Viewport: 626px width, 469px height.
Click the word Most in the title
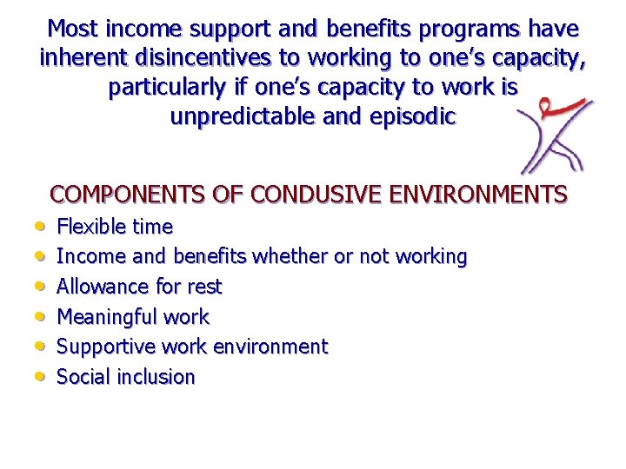(72, 29)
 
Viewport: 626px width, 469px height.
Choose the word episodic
(411, 116)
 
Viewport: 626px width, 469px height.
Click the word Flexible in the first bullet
(90, 227)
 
